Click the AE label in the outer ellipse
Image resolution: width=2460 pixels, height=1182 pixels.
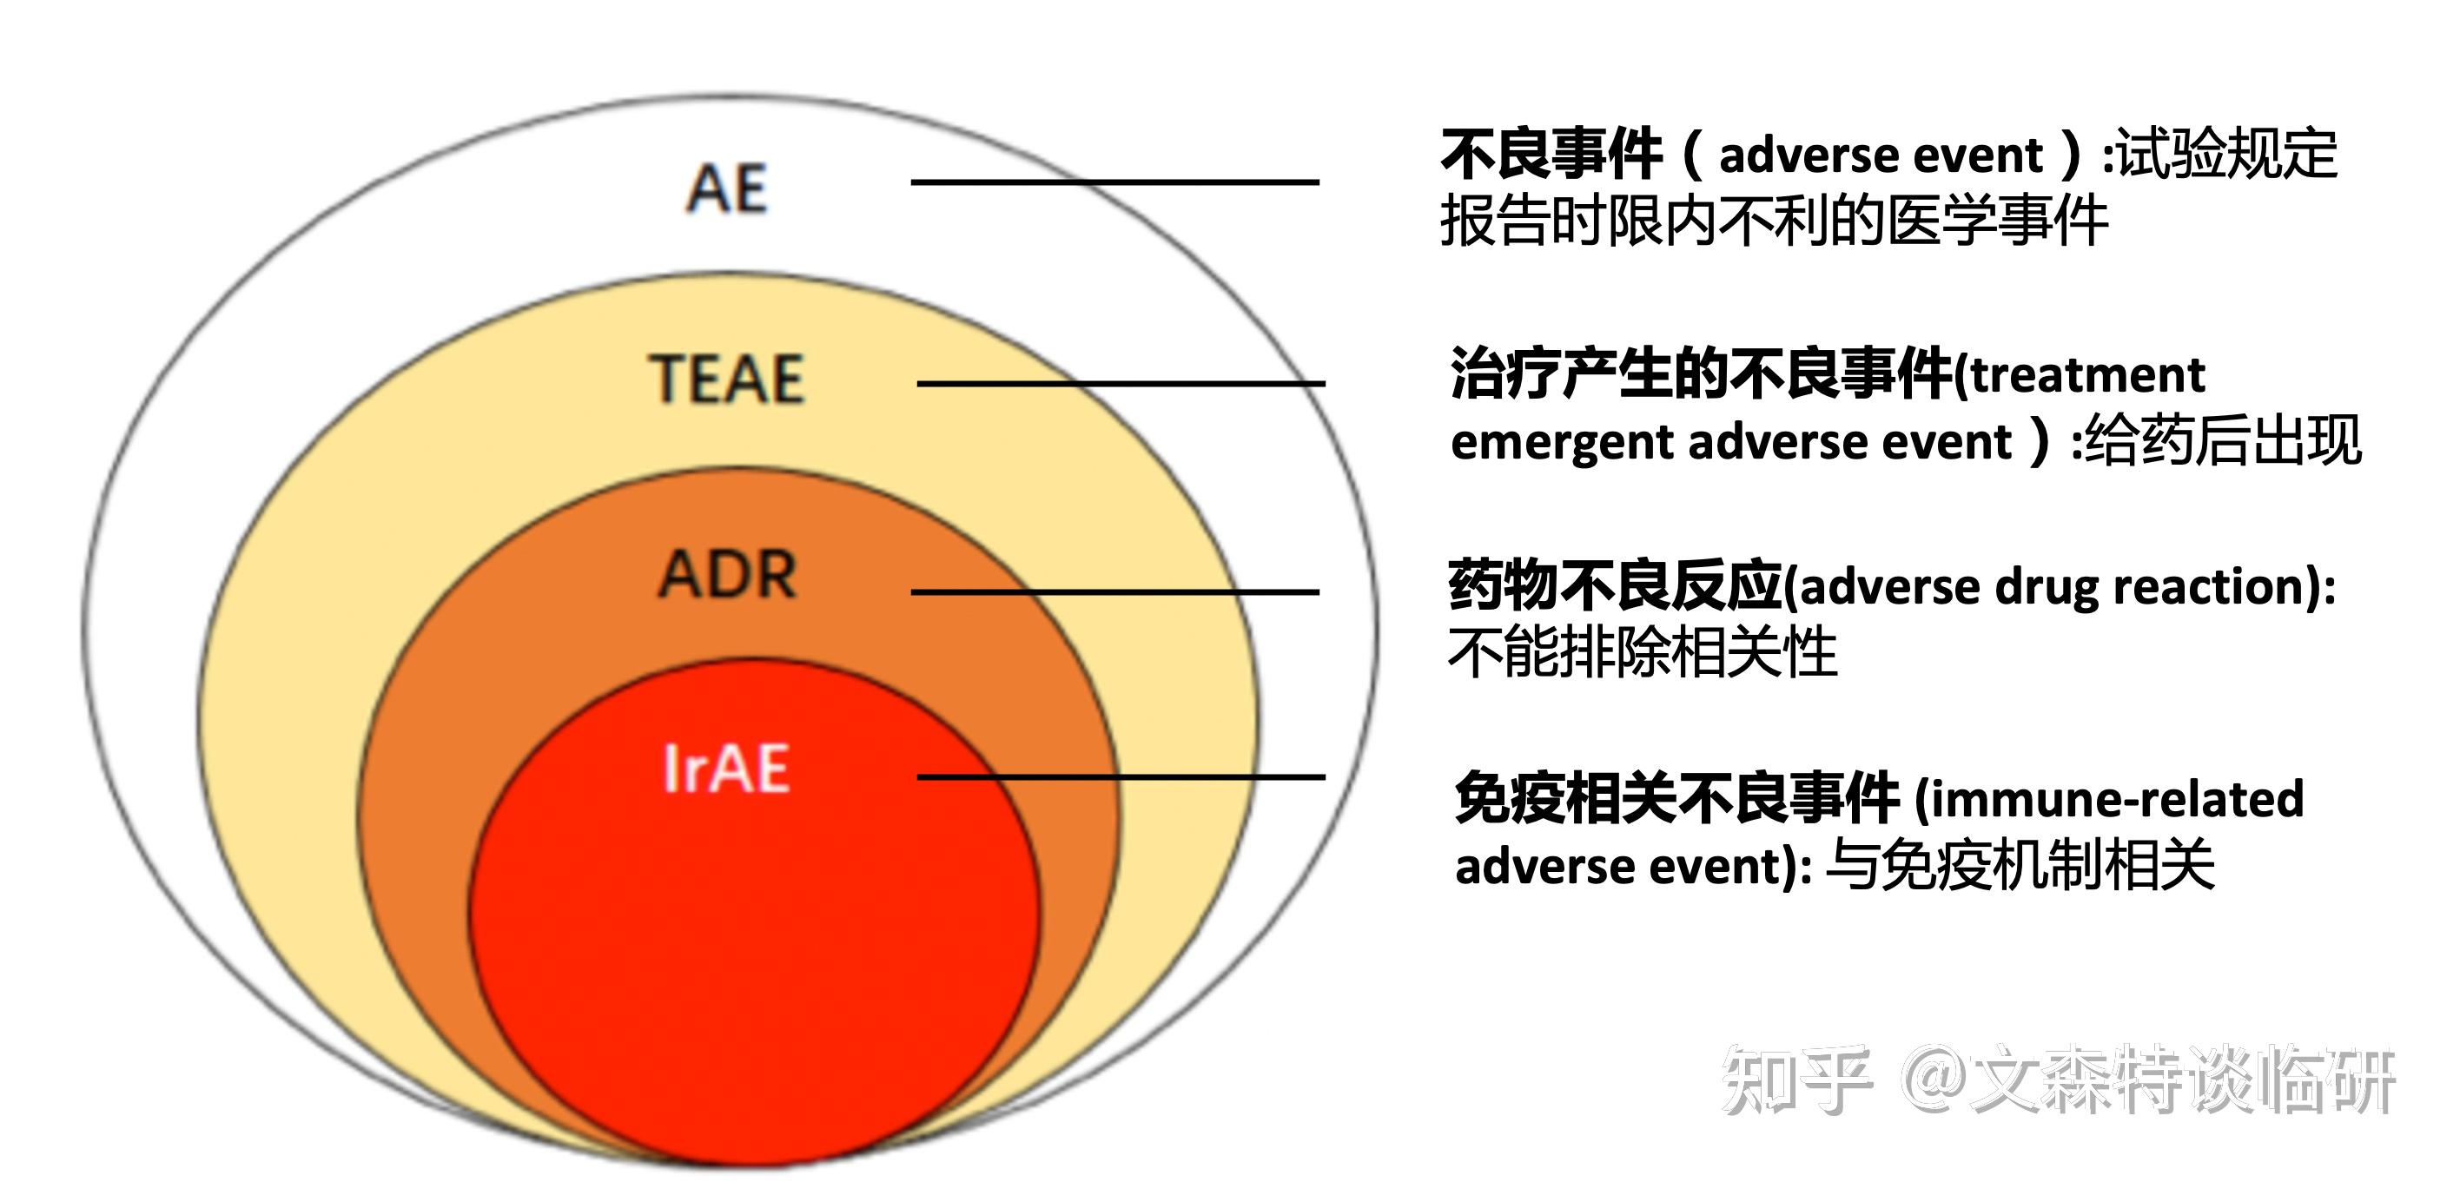pyautogui.click(x=727, y=188)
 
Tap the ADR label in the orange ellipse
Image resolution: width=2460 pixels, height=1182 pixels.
pyautogui.click(x=728, y=575)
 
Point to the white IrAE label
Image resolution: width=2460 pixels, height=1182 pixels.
pyautogui.click(x=727, y=769)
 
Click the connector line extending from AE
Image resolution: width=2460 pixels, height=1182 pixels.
pyautogui.click(x=1114, y=182)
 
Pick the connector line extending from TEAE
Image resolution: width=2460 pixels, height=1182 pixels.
pyautogui.click(x=1121, y=384)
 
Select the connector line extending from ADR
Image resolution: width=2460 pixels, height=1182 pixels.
pyautogui.click(x=1114, y=592)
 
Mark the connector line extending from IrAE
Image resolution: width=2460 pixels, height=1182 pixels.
pyautogui.click(x=1121, y=777)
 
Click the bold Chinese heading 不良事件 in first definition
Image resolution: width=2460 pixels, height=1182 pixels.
pyautogui.click(x=1551, y=155)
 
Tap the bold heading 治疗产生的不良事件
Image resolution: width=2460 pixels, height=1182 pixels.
pyautogui.click(x=1701, y=373)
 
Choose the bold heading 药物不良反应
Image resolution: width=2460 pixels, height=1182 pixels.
pyautogui.click(x=1615, y=585)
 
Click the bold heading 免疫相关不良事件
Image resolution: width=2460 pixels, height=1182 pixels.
pyautogui.click(x=1676, y=798)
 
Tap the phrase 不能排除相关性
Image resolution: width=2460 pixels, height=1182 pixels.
pyautogui.click(x=1643, y=653)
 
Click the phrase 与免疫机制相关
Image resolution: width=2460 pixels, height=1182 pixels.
pyautogui.click(x=2020, y=866)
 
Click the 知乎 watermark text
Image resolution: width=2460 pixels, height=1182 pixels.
pyautogui.click(x=1796, y=1080)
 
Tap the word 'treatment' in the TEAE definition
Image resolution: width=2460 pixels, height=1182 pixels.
pyautogui.click(x=2088, y=375)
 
